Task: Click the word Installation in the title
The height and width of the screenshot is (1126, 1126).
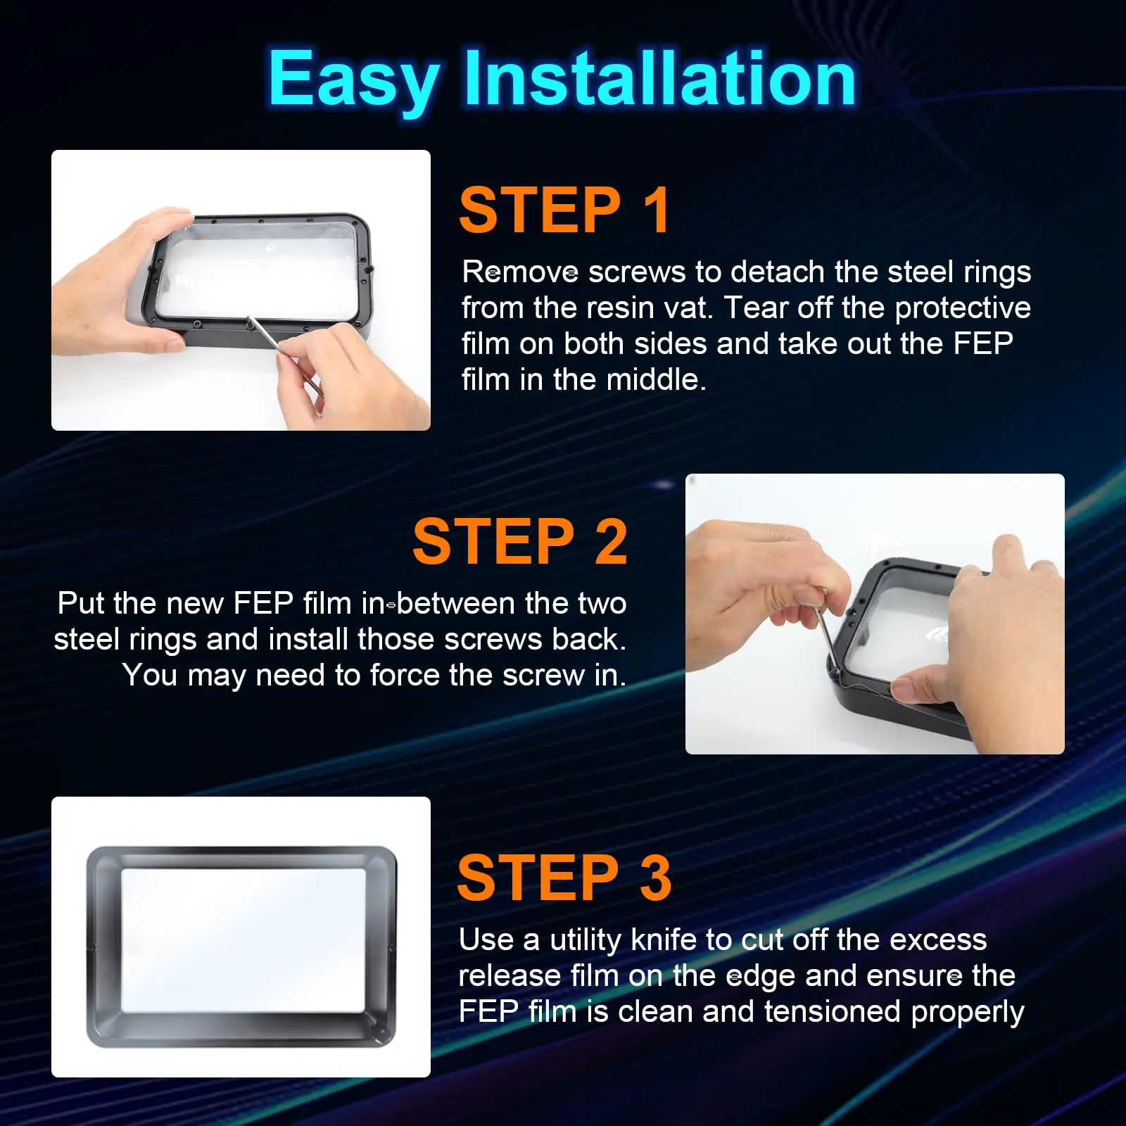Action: coord(659,79)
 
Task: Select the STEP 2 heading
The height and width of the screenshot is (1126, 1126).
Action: coord(519,541)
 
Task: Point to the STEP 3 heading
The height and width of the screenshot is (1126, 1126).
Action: coord(564,878)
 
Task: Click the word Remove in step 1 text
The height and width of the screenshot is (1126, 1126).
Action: coord(520,272)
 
